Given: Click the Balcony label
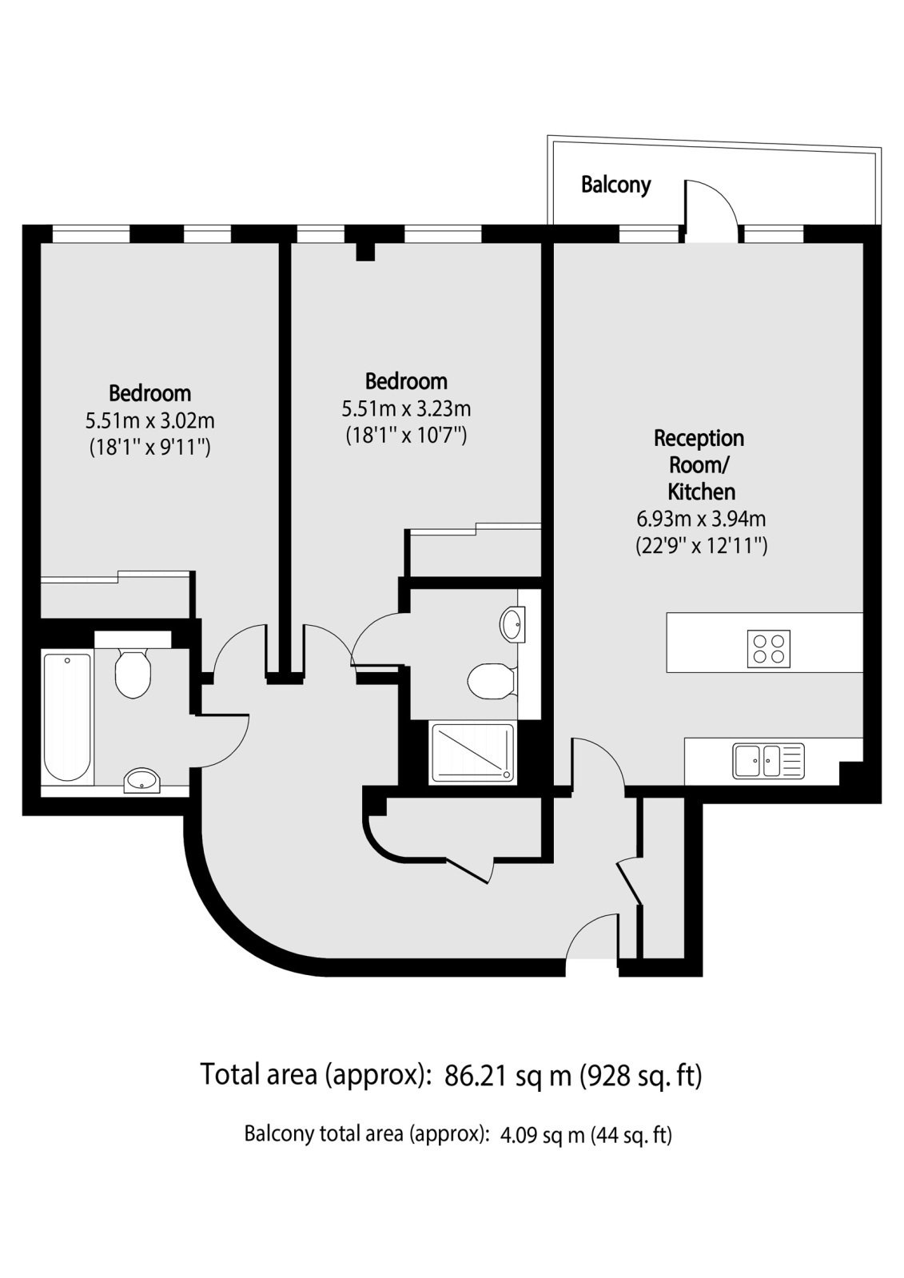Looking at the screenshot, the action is (615, 185).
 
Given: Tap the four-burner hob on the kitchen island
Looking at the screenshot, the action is (769, 649).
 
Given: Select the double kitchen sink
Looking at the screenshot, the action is (769, 761).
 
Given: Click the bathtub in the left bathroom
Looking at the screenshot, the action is (67, 718).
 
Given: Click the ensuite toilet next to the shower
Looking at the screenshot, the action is (492, 681).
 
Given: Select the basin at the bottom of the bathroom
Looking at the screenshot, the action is (142, 780).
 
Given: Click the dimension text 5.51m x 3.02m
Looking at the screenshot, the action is (150, 421).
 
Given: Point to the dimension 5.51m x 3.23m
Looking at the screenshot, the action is (406, 408).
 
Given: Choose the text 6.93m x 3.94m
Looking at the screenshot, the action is (701, 520).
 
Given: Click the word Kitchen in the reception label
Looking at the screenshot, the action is (702, 492).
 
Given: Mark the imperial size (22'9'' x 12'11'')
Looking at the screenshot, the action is (702, 547).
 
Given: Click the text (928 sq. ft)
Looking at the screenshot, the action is (641, 1076).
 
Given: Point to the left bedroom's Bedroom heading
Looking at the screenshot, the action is (150, 394).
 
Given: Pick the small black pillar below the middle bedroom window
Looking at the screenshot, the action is (365, 252).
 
